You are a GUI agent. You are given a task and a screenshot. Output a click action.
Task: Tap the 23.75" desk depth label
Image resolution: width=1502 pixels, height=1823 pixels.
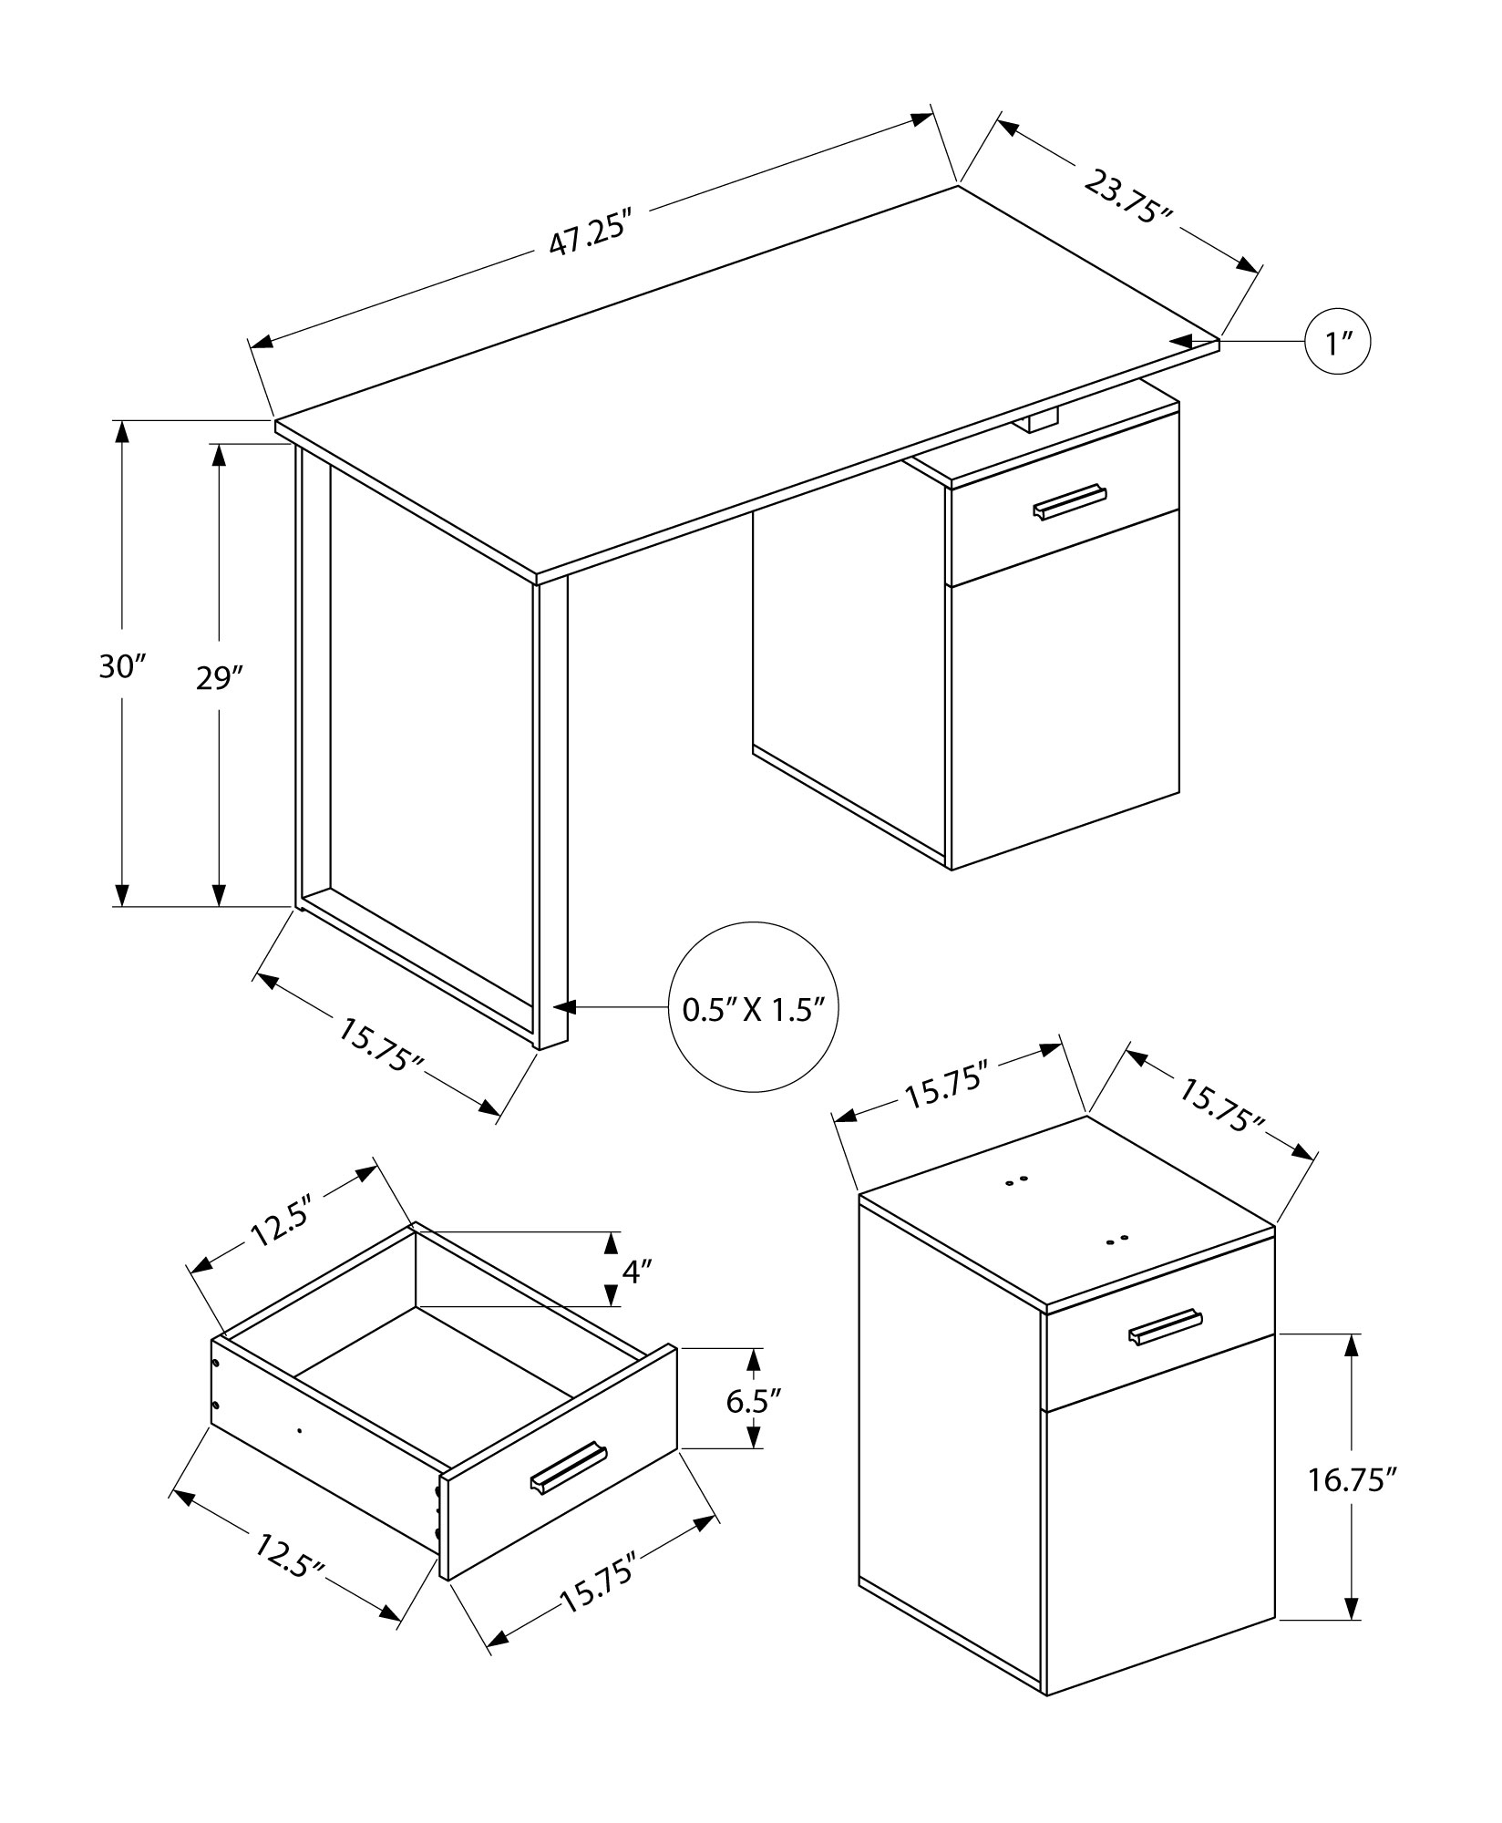tap(1128, 197)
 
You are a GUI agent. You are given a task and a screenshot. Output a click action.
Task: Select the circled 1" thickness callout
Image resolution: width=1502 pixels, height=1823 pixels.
tap(1337, 343)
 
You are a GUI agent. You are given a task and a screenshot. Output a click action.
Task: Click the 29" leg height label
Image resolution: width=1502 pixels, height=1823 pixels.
tap(220, 678)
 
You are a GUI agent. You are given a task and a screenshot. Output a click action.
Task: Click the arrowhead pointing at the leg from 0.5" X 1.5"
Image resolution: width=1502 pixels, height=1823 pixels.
tap(565, 1007)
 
